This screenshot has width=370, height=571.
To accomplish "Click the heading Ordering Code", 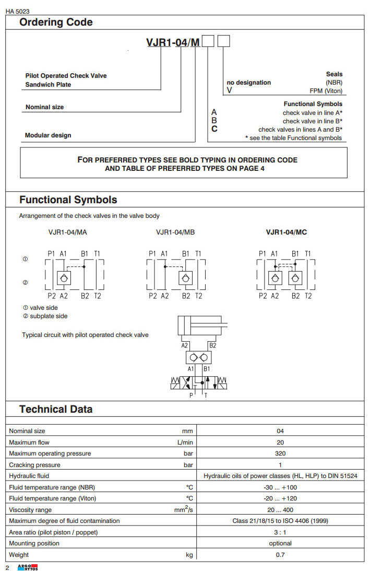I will coord(56,22).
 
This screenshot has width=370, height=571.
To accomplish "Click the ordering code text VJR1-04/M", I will coord(173,42).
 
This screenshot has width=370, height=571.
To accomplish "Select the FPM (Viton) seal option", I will coord(326,90).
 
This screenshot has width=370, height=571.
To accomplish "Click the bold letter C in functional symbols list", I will coord(214,129).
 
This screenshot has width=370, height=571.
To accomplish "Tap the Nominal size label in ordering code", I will coord(44,107).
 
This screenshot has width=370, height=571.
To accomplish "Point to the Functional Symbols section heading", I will coord(68,200).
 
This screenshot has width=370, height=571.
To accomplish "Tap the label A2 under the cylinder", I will coord(185,345).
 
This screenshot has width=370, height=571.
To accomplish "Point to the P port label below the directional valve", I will coord(191,395).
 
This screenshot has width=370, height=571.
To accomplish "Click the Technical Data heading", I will coord(56,409).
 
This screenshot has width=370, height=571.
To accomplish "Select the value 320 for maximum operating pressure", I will coord(280,453).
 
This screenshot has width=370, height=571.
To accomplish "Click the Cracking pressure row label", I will coord(34,465).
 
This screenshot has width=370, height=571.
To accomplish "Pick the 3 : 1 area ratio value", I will coord(280,532).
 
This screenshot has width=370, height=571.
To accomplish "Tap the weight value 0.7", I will coord(280,555).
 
